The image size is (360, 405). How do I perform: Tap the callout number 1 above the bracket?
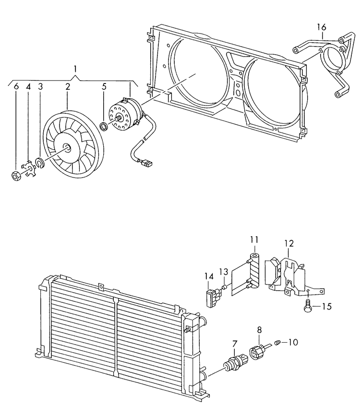tap(75, 69)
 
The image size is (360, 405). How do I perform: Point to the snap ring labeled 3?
tap(40, 163)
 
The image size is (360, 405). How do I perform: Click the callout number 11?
tap(254, 239)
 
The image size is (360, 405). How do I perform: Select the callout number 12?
tap(288, 243)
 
